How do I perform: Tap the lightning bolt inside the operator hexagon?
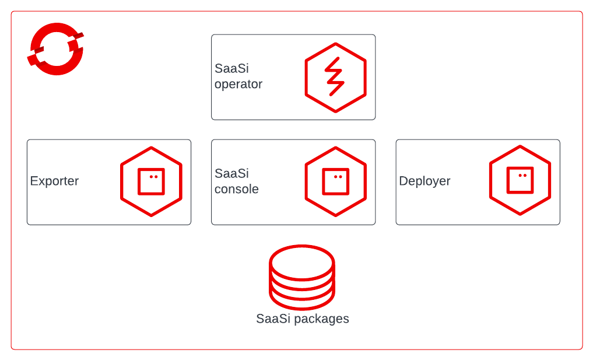335,76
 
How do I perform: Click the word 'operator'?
238,85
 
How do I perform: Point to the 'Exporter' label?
54,181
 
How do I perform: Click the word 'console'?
236,189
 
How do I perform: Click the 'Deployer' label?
424,181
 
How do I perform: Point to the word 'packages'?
321,319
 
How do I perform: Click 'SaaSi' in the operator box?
231,68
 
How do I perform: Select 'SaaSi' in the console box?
231,173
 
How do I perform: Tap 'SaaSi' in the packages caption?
273,319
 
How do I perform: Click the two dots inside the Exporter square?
153,177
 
